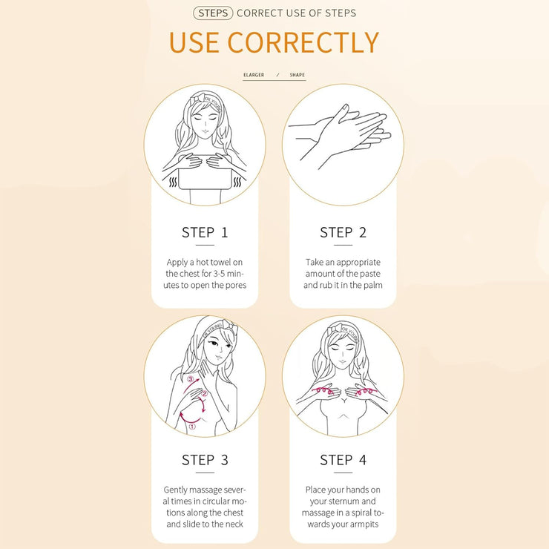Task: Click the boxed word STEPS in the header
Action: pos(213,13)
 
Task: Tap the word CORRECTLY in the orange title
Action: pos(303,43)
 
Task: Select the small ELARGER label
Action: pos(254,75)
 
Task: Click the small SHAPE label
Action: pos(297,75)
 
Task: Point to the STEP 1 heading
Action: pos(205,232)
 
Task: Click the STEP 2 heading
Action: pos(343,232)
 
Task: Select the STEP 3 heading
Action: pos(205,460)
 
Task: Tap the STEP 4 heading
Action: pos(343,460)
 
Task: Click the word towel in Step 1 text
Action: pos(221,262)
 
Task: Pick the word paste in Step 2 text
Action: pos(369,274)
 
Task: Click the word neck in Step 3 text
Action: pos(234,524)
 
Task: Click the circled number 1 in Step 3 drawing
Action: pos(192,427)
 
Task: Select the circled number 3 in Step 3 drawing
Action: pos(191,379)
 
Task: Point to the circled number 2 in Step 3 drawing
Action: pos(205,394)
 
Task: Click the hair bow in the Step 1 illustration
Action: pos(197,98)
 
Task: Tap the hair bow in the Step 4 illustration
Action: pos(335,329)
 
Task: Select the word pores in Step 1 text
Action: pos(236,286)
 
